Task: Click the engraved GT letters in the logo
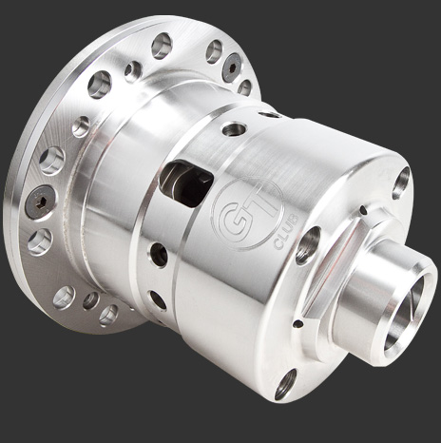[x=245, y=216]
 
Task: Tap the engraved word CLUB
[x=286, y=232]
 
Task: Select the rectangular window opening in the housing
[x=186, y=183]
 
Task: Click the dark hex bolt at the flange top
[x=232, y=67]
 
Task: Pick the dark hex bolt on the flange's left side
[x=39, y=202]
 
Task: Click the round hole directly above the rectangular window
[x=234, y=129]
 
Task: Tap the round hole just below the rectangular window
[x=159, y=254]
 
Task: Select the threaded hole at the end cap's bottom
[x=285, y=384]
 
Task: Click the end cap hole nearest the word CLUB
[x=307, y=245]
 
